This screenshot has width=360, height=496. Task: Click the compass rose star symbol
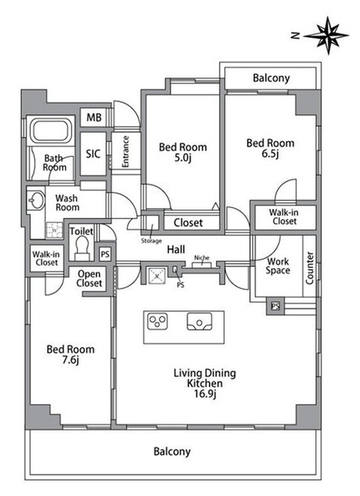pos(327,35)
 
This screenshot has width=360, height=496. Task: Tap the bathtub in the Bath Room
pos(52,130)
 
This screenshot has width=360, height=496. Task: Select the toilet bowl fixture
pos(82,248)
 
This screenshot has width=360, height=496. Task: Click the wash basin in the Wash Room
pos(35,199)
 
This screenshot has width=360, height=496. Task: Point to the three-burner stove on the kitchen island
pos(158,322)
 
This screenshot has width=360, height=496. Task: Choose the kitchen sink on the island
pos(199,322)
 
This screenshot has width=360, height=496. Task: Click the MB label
pos(94,117)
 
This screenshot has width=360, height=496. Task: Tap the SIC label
pos(93,154)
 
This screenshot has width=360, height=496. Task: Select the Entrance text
pos(125,151)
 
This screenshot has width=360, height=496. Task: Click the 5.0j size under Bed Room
pos(183,158)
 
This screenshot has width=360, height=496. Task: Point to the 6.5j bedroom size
pos(270,154)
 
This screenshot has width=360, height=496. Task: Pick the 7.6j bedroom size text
pos(71,360)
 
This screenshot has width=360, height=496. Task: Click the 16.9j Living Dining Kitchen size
pos(204,394)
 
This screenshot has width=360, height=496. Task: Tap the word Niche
pos(202,258)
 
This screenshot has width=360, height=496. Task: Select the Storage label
pos(151,241)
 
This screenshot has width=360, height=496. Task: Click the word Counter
pos(310,268)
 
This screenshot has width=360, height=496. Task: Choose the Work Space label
pos(278,266)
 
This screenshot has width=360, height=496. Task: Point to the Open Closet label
pos(89,279)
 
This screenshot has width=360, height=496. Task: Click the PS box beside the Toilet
pos(105,254)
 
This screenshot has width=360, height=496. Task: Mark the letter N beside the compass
pos(295,36)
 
